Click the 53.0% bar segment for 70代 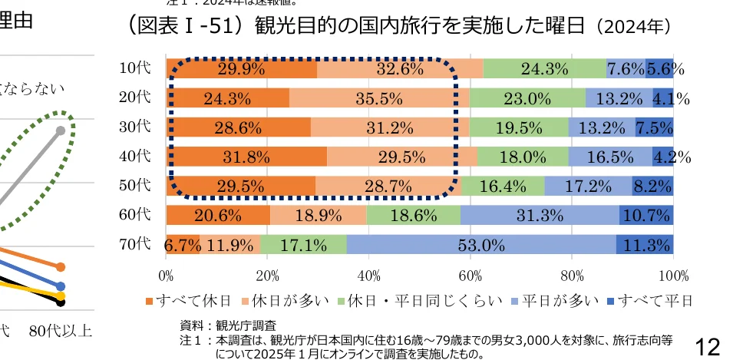pyautogui.click(x=481, y=245)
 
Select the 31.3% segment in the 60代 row pyautogui.click(x=540, y=215)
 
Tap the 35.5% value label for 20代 pyautogui.click(x=378, y=97)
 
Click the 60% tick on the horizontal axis pyautogui.click(x=471, y=275)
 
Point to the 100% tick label pyautogui.click(x=673, y=275)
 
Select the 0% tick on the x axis pyautogui.click(x=166, y=275)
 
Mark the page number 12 pyautogui.click(x=707, y=347)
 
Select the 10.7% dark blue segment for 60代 pyautogui.click(x=646, y=215)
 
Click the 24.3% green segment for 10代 pyautogui.click(x=544, y=68)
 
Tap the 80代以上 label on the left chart pyautogui.click(x=61, y=332)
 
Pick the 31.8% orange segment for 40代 pyautogui.click(x=246, y=157)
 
